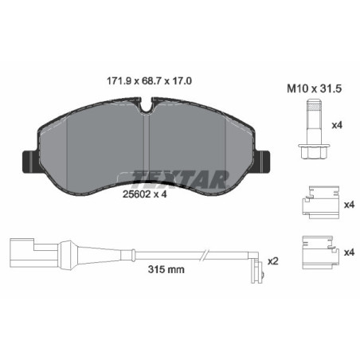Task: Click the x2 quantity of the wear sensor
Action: tap(273, 260)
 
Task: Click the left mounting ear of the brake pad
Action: tap(26, 161)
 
